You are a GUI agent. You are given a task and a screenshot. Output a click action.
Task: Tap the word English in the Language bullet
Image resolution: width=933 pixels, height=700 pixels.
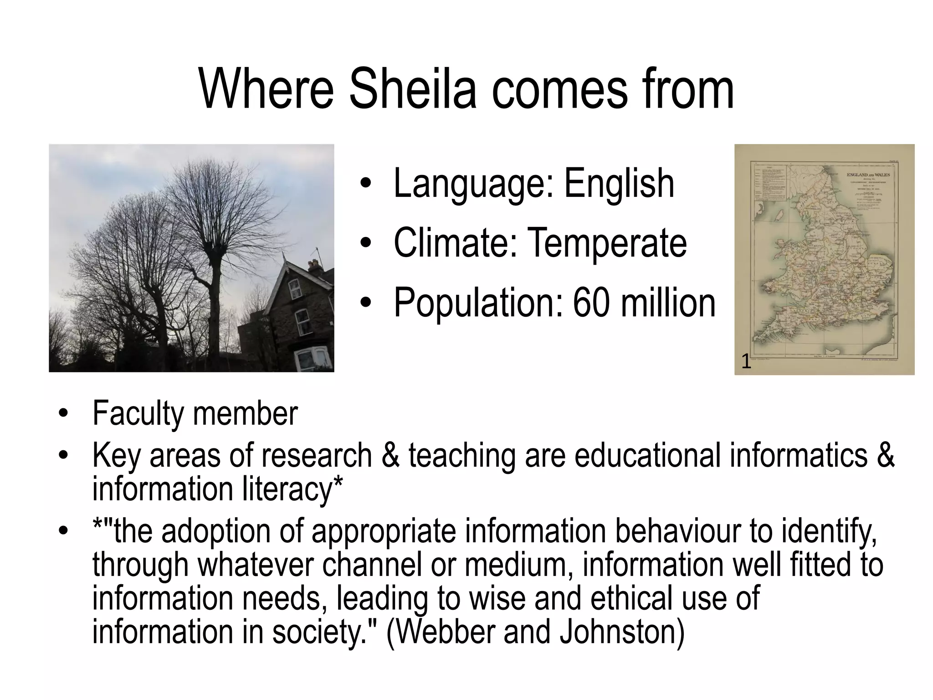(619, 183)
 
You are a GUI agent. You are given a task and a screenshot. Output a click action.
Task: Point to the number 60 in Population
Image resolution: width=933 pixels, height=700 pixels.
(591, 303)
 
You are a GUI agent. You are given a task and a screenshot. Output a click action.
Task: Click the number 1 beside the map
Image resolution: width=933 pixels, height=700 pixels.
(746, 362)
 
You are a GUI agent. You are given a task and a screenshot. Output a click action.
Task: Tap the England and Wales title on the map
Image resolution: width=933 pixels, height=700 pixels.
(868, 175)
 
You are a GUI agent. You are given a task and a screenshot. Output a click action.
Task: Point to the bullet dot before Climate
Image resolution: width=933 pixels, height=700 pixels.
(365, 244)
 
